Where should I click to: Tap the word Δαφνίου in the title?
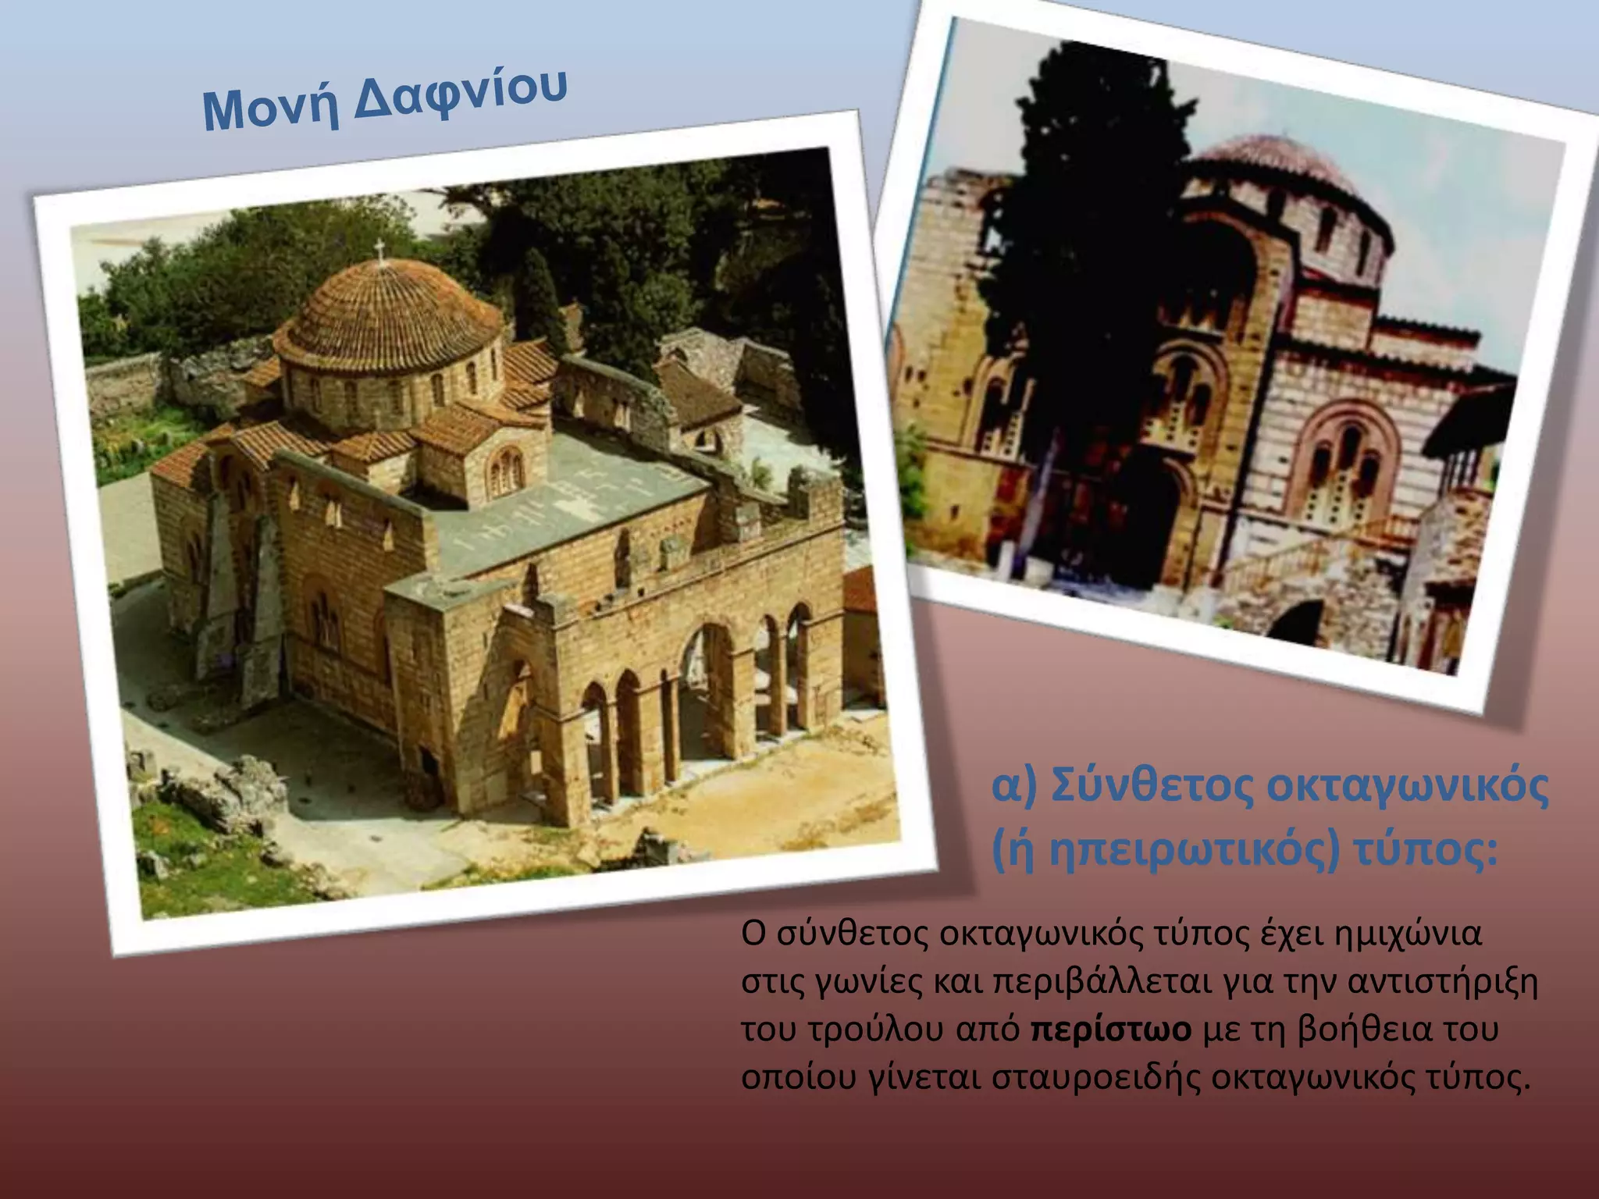click(x=461, y=94)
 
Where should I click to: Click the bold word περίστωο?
click(x=1111, y=1030)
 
